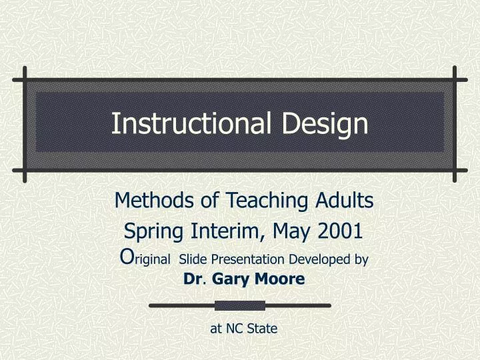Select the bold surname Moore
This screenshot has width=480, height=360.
click(x=278, y=281)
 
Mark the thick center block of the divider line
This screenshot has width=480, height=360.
click(x=240, y=305)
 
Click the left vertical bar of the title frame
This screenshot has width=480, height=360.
click(x=24, y=124)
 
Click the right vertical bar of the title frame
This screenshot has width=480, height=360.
click(x=455, y=124)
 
